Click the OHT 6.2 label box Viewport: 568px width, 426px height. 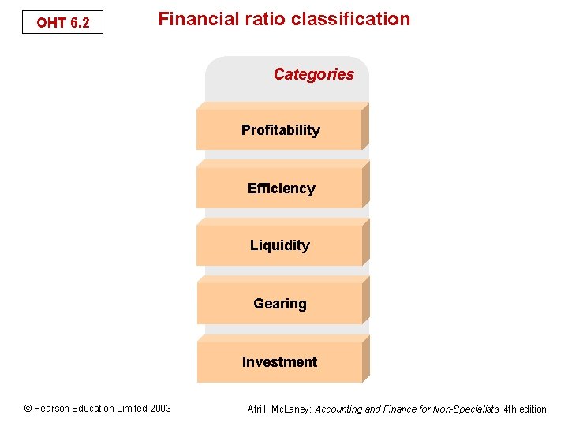click(62, 23)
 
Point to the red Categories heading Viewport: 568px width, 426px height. click(313, 74)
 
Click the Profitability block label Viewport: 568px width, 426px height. click(280, 130)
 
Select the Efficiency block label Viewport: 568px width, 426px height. click(281, 189)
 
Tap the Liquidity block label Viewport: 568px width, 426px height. click(279, 245)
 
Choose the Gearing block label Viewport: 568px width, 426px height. click(279, 304)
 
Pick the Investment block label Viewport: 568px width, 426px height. click(279, 362)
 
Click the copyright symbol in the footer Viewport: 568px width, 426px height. click(28, 409)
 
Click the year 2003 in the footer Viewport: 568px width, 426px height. click(159, 409)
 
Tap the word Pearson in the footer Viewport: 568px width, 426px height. click(51, 409)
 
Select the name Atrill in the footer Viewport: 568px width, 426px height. click(259, 409)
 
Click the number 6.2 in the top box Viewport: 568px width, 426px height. click(80, 23)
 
